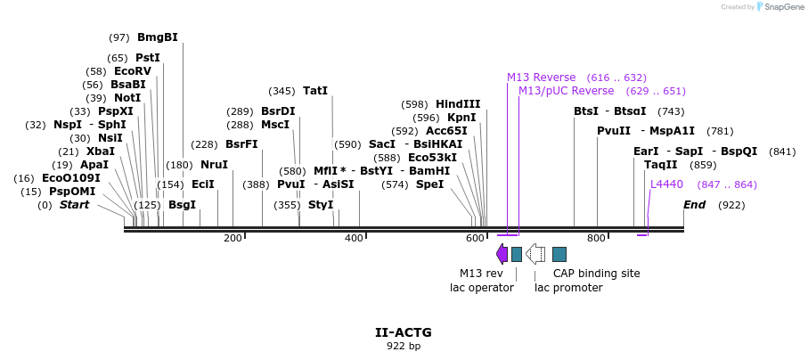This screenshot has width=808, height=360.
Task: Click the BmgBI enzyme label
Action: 158,37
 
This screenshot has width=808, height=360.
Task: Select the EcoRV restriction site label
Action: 133,71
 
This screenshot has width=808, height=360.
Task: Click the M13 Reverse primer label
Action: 542,78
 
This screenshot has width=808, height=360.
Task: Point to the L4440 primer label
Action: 666,184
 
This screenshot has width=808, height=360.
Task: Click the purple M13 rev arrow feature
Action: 502,254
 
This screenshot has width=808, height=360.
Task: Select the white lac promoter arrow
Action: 535,254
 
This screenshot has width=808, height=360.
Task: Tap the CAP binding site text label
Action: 596,274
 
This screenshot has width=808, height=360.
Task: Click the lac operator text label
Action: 482,287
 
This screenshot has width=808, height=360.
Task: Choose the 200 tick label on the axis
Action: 233,238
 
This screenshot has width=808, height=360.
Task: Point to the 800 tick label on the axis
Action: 596,238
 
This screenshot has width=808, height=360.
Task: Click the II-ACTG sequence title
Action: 404,332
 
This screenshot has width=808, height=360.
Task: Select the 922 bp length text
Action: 404,346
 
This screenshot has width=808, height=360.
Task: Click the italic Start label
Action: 75,205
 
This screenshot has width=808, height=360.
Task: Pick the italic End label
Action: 695,205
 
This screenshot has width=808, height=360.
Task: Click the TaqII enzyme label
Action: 660,165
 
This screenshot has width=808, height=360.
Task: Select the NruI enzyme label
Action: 214,165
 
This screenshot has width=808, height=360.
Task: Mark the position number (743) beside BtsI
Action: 671,111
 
